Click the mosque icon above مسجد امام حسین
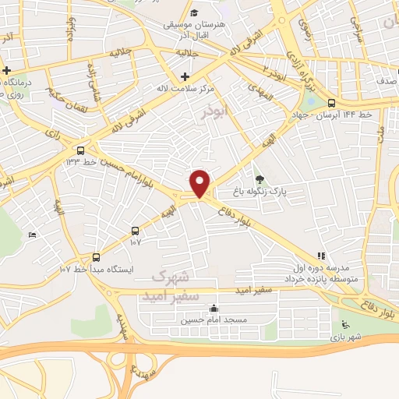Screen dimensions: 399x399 click(x=214, y=308)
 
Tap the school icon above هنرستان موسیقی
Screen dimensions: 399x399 click(x=194, y=14)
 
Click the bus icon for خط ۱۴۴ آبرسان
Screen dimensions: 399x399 click(x=333, y=103)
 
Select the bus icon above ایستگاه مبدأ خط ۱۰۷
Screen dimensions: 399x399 click(x=97, y=256)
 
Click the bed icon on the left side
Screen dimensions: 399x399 click(x=32, y=235)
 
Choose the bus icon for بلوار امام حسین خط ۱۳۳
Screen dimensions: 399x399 click(x=80, y=150)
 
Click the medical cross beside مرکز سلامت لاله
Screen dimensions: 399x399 click(x=185, y=76)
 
